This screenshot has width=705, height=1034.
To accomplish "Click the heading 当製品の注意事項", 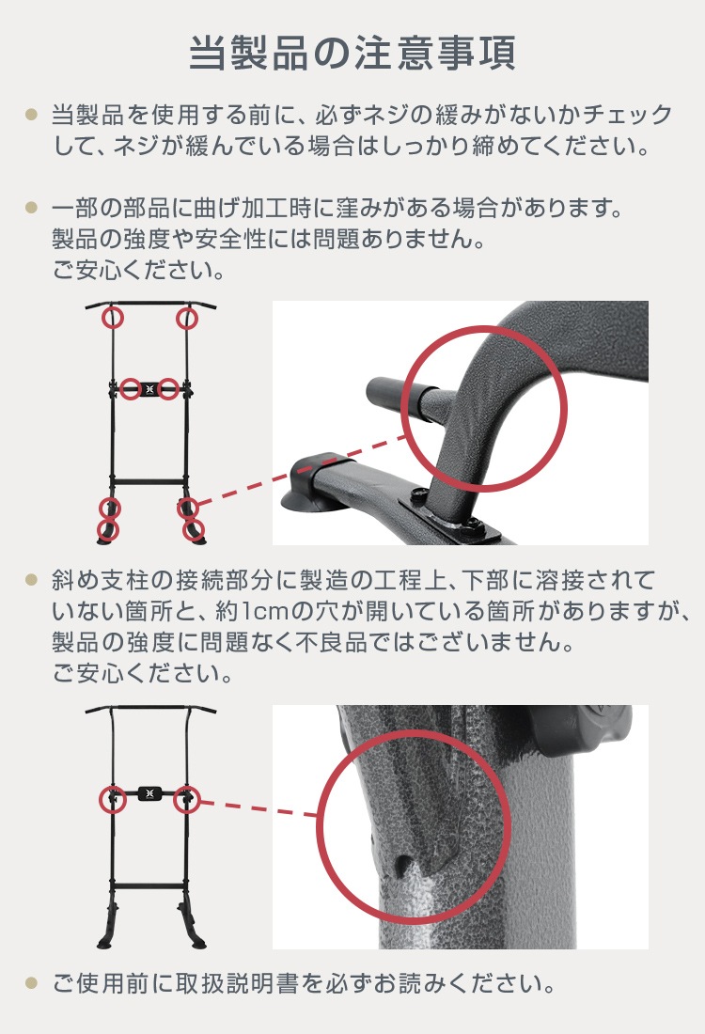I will (x=352, y=54).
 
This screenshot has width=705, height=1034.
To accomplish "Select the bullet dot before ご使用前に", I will (x=31, y=984).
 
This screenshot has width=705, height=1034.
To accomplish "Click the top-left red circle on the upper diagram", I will (x=113, y=318).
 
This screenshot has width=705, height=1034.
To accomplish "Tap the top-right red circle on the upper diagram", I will (x=188, y=318).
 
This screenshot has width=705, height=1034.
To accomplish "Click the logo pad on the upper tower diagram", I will (x=150, y=388).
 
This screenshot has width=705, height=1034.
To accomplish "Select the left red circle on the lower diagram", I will (x=113, y=798).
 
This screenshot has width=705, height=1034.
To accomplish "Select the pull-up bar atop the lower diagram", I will (x=150, y=709).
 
